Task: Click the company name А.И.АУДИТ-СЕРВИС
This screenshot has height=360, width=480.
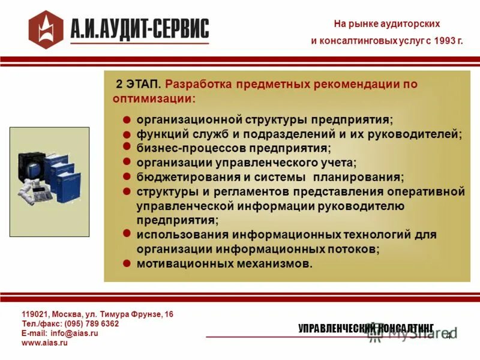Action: [140, 28]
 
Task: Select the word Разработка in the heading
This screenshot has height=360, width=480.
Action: [197, 84]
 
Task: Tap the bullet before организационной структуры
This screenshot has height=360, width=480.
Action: [127, 120]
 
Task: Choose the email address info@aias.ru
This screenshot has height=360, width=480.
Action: [74, 333]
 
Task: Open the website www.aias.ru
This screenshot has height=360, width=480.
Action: [44, 343]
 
